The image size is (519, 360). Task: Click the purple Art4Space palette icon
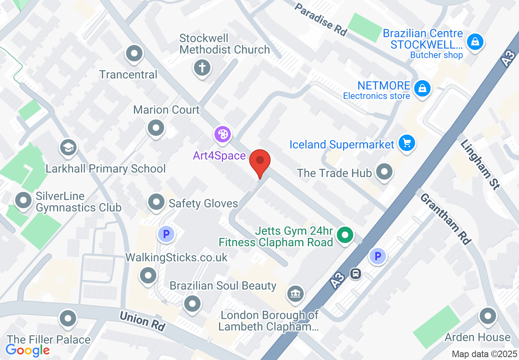(x=223, y=134)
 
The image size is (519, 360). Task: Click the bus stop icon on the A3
(x=355, y=273)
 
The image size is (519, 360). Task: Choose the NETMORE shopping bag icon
(x=422, y=88)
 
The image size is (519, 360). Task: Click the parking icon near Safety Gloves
(x=166, y=234)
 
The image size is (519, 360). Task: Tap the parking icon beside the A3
(x=377, y=256)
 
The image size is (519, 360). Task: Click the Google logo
(x=28, y=350)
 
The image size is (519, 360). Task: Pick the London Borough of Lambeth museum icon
(x=295, y=293)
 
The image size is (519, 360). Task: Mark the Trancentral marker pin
(x=134, y=54)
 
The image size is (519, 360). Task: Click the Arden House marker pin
(x=487, y=316)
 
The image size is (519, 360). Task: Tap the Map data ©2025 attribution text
(x=484, y=354)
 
